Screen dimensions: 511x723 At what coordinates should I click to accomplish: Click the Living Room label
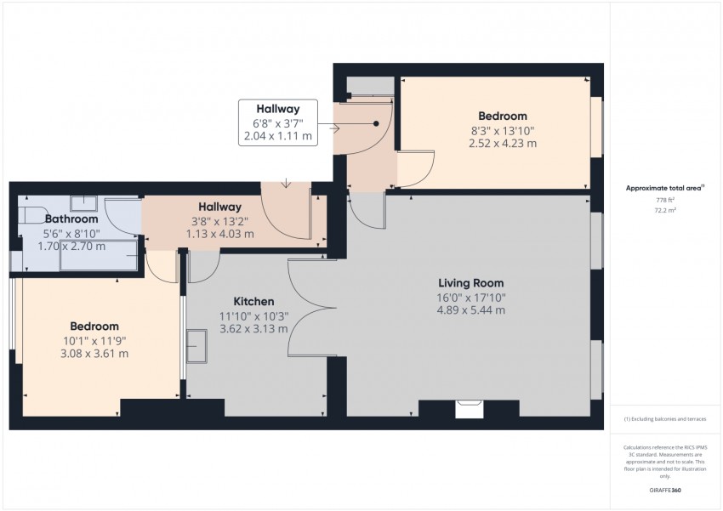coord(470,283)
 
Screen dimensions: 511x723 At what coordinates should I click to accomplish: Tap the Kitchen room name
coord(253,301)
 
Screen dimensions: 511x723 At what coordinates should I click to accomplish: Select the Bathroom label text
coord(71,219)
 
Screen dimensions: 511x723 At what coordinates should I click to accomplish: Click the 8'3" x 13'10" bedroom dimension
coord(502,130)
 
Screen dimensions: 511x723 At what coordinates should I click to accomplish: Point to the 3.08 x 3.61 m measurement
coord(94,354)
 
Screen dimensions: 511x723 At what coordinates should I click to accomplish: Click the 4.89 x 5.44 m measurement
coord(470,310)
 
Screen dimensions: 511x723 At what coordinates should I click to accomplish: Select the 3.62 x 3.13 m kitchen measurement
coord(253,328)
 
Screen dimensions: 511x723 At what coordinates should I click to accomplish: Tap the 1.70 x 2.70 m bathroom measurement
coord(71,247)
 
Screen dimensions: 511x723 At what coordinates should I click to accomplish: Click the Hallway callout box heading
coord(278,109)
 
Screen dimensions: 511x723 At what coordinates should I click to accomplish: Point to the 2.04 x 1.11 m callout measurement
coord(278,136)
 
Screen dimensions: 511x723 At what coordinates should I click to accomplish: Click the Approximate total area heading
coord(665,188)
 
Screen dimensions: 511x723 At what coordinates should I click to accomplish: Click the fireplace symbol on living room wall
coord(468,409)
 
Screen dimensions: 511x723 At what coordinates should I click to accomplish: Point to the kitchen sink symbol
coord(196,345)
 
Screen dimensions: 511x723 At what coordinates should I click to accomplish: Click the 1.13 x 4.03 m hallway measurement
coord(219,233)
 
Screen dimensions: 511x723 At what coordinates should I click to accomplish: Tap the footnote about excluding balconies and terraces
coord(664,419)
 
